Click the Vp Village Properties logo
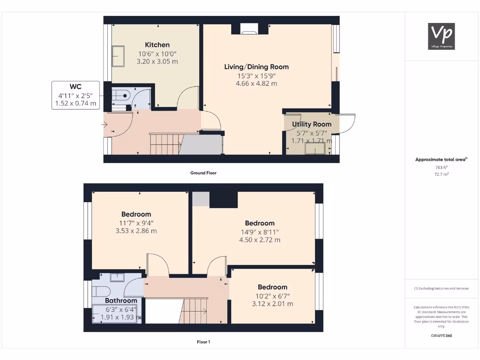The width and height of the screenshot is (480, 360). pyautogui.click(x=442, y=36)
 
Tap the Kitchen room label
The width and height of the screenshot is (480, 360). pyautogui.click(x=157, y=45)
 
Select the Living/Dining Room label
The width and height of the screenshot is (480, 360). pyautogui.click(x=256, y=67)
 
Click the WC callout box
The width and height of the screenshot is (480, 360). pyautogui.click(x=75, y=95)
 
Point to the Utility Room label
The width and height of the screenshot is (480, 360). pyautogui.click(x=312, y=124)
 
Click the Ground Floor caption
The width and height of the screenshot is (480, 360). pyautogui.click(x=203, y=173)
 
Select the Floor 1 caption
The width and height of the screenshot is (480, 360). pyautogui.click(x=203, y=342)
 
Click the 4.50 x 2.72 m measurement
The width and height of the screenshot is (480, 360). pyautogui.click(x=260, y=240)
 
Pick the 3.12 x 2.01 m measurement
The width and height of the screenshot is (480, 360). pyautogui.click(x=272, y=304)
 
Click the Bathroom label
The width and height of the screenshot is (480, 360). pyautogui.click(x=121, y=300)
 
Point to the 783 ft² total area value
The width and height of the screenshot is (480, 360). pyautogui.click(x=441, y=167)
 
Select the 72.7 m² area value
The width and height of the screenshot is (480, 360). pyautogui.click(x=441, y=174)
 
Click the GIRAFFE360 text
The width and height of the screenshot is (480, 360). pyautogui.click(x=441, y=336)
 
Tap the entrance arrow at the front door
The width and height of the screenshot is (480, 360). pyautogui.click(x=105, y=125)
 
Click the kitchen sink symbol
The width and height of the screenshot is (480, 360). pyautogui.click(x=117, y=56)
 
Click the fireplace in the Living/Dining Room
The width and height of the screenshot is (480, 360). pyautogui.click(x=249, y=31)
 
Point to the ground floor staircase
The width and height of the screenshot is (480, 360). pyautogui.click(x=165, y=144)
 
